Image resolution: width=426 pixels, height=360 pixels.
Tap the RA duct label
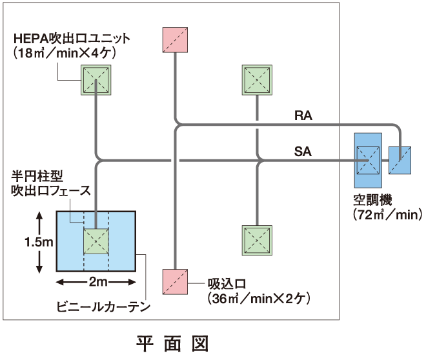click(x=303, y=115)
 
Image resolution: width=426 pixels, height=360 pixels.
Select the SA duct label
click(x=303, y=152)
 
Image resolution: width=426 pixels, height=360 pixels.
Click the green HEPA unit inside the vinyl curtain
click(x=96, y=243)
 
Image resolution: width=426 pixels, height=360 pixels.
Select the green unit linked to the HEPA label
click(x=96, y=80)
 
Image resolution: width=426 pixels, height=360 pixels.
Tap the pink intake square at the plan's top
click(x=176, y=40)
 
